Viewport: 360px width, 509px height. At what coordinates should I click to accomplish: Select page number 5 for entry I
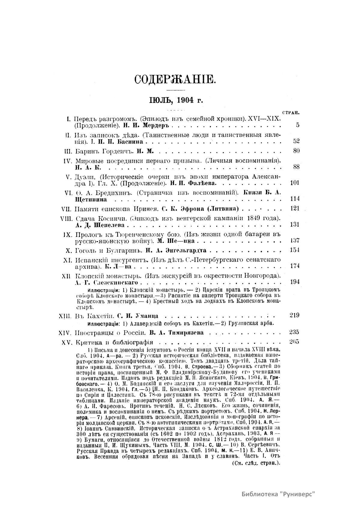coord(297,125)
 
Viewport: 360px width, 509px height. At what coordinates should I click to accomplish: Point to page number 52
coord(296,141)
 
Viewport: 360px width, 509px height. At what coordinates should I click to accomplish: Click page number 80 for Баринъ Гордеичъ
coord(296,151)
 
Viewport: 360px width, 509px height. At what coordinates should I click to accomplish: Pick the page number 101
coord(295,183)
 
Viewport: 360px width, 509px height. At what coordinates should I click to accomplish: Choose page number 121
coord(295,208)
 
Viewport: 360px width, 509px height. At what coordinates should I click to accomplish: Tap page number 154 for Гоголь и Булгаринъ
coord(295,250)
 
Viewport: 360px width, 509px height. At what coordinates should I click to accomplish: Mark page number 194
coord(295,282)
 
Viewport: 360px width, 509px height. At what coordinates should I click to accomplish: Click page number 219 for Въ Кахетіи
coord(295,315)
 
